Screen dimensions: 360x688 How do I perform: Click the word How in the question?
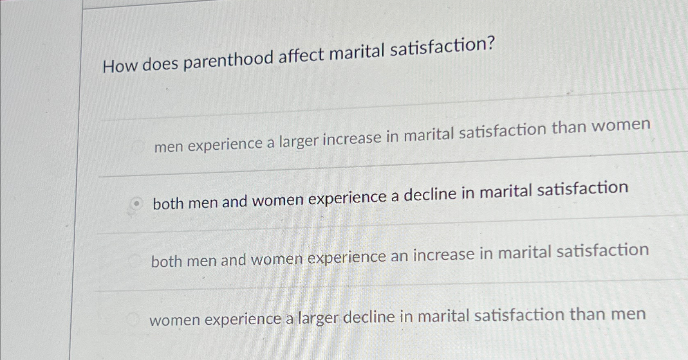[119, 66]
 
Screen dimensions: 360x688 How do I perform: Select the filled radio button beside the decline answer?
[138, 202]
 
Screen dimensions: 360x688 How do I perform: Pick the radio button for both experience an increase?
[135, 261]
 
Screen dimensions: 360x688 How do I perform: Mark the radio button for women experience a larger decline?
[133, 319]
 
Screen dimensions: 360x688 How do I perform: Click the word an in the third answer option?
[399, 256]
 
